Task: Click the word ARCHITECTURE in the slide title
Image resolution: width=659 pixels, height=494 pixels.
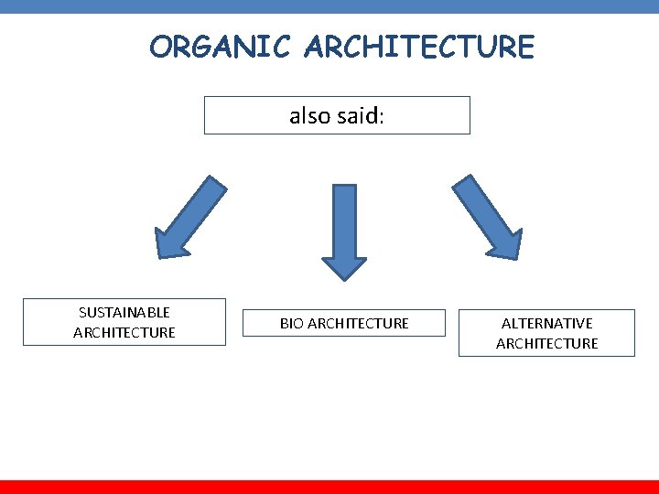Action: click(x=421, y=46)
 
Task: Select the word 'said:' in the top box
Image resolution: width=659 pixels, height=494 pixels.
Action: click(x=358, y=116)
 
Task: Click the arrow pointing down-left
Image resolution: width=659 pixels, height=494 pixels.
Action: click(x=190, y=217)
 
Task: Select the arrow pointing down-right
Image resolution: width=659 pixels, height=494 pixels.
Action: click(x=486, y=217)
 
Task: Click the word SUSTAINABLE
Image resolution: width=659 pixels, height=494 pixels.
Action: click(x=124, y=313)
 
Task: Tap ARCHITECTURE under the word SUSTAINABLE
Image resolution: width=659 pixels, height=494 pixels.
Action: click(x=124, y=332)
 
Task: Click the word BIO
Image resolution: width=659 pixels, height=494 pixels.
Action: click(x=292, y=323)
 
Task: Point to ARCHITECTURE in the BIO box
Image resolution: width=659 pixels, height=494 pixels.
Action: click(x=359, y=323)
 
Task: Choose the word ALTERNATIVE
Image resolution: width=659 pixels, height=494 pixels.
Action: click(x=546, y=323)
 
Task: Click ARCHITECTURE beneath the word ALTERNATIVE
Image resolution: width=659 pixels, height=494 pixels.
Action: click(x=546, y=343)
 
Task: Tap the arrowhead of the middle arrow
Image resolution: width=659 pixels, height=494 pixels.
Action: click(x=344, y=266)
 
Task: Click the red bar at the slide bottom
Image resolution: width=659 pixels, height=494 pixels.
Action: click(x=329, y=487)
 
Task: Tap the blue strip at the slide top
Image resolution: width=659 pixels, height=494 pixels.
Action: click(x=329, y=6)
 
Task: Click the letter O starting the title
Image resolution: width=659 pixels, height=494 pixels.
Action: click(x=161, y=46)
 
